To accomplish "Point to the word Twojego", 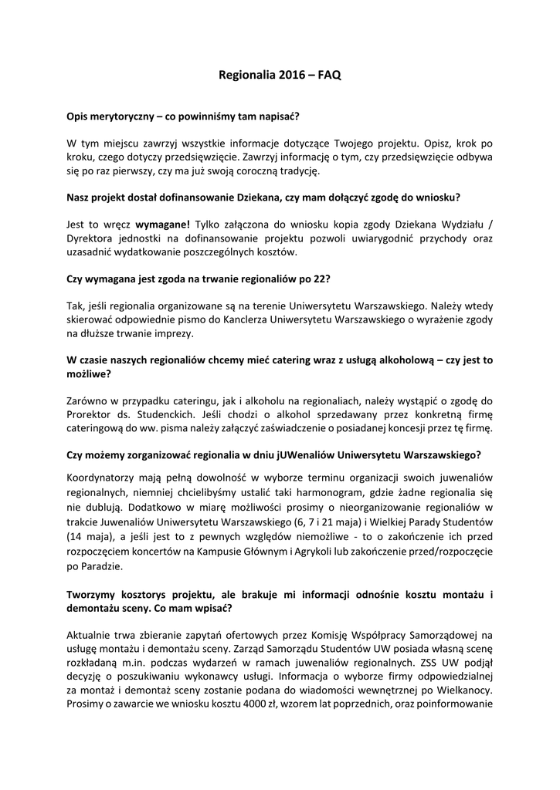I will tap(356, 143).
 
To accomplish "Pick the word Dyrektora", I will tap(92, 238).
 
